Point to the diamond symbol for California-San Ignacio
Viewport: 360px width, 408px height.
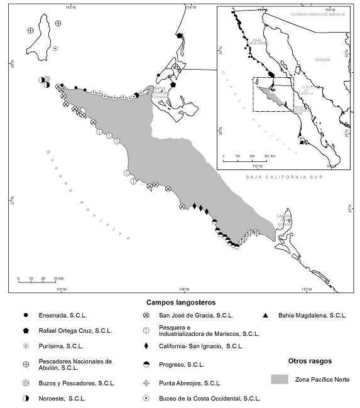click(x=146, y=346)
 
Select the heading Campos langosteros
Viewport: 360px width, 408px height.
click(x=178, y=302)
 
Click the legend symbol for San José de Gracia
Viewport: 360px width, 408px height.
click(x=146, y=314)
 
